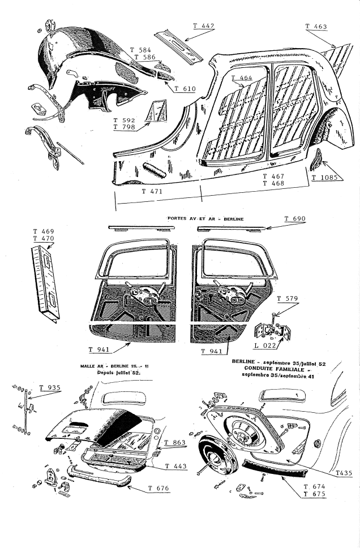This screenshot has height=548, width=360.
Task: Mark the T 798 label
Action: tap(124, 127)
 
